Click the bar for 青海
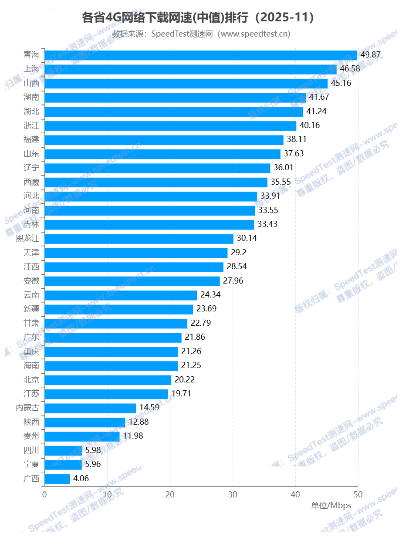point(200,55)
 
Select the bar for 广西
point(57,479)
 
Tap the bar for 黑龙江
point(139,239)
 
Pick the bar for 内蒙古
point(90,408)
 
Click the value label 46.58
point(350,69)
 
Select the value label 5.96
point(93,464)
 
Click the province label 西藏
point(31,182)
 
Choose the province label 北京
point(31,380)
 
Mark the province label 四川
point(31,450)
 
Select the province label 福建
point(31,140)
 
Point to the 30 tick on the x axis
point(233,495)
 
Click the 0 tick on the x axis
point(44,495)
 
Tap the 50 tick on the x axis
point(358,495)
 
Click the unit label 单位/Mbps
point(331,506)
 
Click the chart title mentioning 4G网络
point(198,18)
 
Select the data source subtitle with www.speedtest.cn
point(201,34)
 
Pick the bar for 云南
point(121,295)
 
